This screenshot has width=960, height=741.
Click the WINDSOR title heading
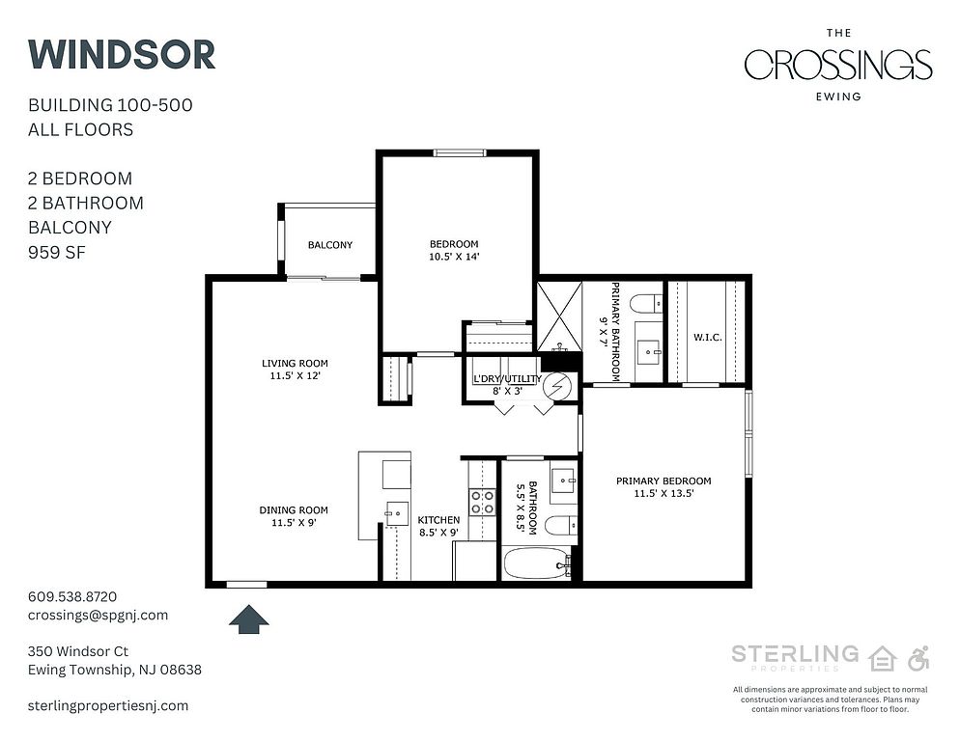[x=122, y=54]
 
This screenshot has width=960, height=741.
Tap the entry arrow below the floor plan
[x=249, y=619]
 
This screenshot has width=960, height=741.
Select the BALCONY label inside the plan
[x=330, y=245]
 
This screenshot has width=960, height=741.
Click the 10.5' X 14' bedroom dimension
[x=454, y=257]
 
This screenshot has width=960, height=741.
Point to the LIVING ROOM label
[x=296, y=363]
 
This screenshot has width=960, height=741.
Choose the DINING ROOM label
[x=294, y=509]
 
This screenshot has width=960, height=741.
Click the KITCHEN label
[x=439, y=519]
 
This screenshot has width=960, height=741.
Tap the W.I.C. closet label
[x=708, y=337]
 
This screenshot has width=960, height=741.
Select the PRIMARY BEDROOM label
[x=664, y=480]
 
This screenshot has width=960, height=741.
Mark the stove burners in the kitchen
[x=483, y=502]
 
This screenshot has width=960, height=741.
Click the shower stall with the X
[x=559, y=316]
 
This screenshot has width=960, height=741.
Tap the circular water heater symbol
[x=558, y=386]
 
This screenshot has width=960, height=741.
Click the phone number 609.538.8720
[x=72, y=596]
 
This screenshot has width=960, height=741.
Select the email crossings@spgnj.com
[x=98, y=615]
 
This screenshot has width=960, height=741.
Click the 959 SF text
[x=57, y=252]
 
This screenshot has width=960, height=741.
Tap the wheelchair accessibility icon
[x=918, y=658]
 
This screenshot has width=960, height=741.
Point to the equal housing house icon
[x=883, y=658]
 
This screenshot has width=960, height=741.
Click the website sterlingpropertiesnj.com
[x=108, y=705]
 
